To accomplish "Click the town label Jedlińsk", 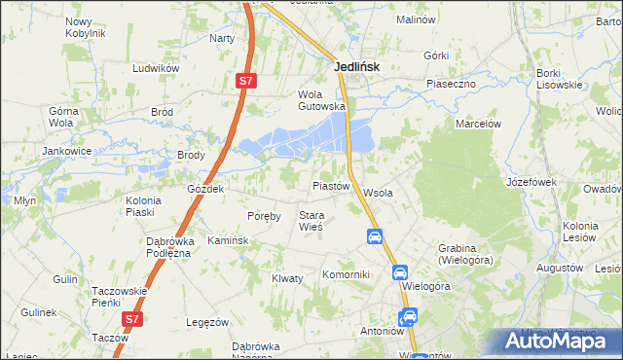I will click(x=355, y=67).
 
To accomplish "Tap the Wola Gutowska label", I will click(x=321, y=100).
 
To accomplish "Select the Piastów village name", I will click(x=330, y=185).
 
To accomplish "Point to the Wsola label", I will click(x=378, y=193).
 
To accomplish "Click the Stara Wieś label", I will click(x=311, y=221).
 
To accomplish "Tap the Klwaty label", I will click(x=287, y=278).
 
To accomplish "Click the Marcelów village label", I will click(x=478, y=124).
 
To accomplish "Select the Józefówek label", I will click(x=531, y=182).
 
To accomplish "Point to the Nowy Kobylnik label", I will click(x=85, y=27).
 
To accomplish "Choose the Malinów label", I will click(x=416, y=18).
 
